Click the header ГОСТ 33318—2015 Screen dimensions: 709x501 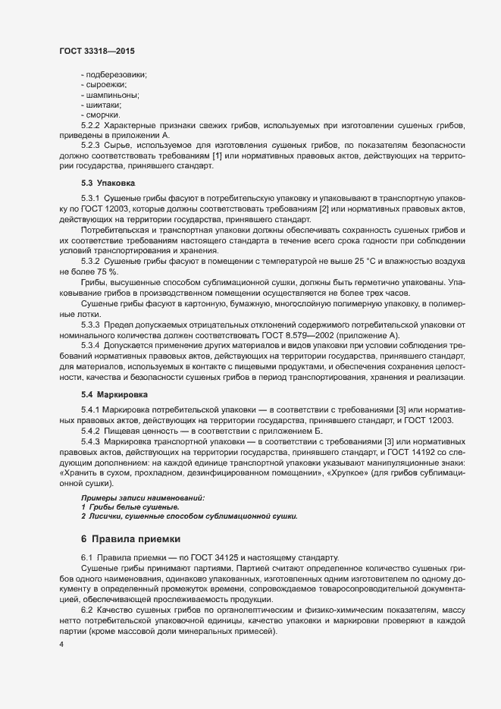tap(97, 52)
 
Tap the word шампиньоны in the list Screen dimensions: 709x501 tap(111, 95)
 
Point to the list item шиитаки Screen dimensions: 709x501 tap(105, 105)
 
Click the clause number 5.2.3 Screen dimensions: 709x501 tap(90, 143)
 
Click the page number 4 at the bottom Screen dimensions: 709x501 tap(61, 645)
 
